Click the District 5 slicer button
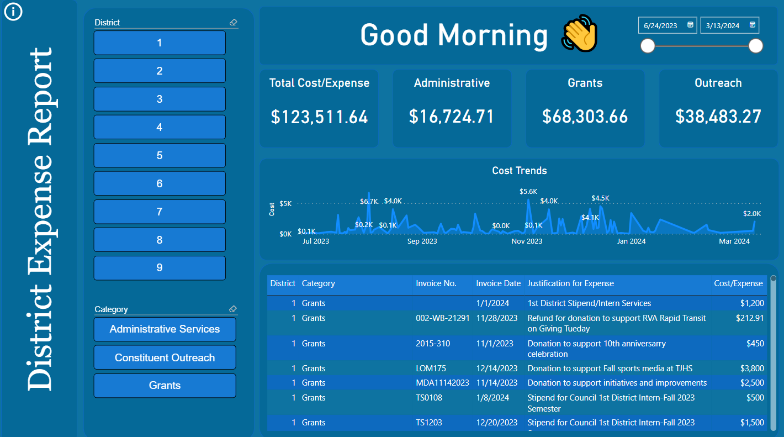click(160, 155)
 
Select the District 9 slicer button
click(160, 268)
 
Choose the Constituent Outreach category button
click(165, 357)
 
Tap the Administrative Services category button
click(165, 329)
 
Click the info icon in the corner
click(13, 11)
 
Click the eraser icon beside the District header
click(233, 23)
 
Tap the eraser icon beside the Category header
click(233, 309)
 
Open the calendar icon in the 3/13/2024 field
click(753, 25)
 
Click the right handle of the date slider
click(756, 46)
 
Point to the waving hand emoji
click(580, 34)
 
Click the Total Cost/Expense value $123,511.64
click(319, 117)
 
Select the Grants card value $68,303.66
click(585, 117)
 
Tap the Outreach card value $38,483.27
click(718, 117)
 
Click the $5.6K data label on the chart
click(528, 192)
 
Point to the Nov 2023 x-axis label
click(527, 241)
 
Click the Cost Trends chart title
click(519, 171)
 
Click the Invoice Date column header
click(498, 283)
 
